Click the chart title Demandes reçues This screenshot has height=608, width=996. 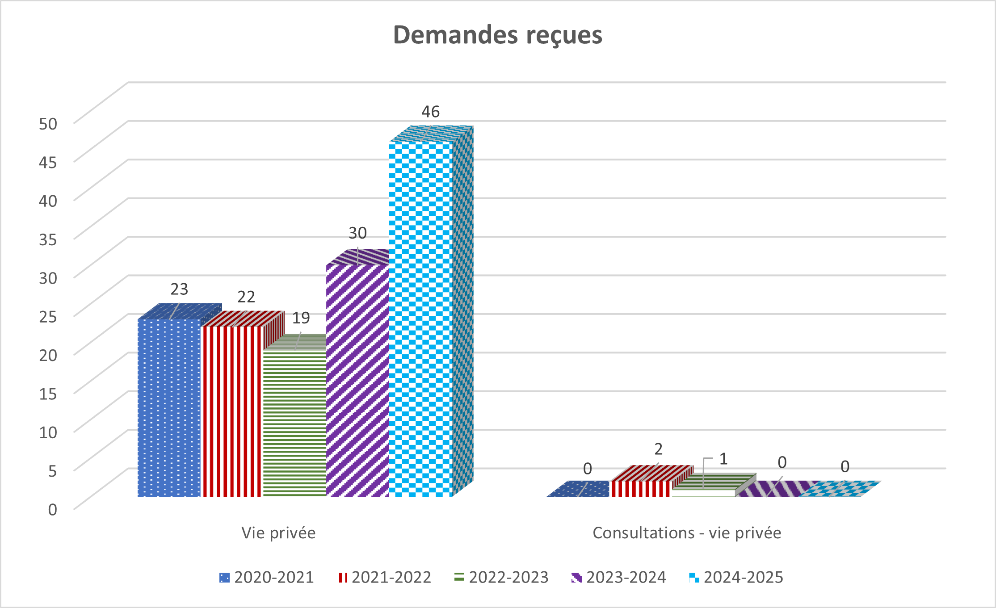(x=497, y=35)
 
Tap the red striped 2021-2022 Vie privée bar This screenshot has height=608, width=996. (x=231, y=411)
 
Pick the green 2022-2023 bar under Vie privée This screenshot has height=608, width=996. (x=294, y=422)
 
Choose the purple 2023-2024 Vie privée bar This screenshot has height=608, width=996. (x=357, y=380)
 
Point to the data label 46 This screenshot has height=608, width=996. (x=430, y=112)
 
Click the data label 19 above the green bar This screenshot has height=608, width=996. (x=301, y=318)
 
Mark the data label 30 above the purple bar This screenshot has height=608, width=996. (x=357, y=233)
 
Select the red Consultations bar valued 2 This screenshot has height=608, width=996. (x=641, y=488)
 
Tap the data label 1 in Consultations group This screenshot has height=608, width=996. (x=723, y=459)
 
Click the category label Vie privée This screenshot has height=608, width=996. (x=278, y=533)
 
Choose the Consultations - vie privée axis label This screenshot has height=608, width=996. (x=687, y=533)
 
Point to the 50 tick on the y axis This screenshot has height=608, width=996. (x=48, y=124)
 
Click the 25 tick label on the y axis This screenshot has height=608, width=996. (x=48, y=317)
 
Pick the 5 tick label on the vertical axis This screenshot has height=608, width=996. (x=52, y=471)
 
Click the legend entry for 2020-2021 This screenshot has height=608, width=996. (x=267, y=577)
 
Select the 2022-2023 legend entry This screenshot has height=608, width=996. (x=501, y=577)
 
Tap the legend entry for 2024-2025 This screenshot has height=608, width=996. (x=736, y=577)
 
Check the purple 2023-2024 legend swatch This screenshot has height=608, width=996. (x=576, y=578)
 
